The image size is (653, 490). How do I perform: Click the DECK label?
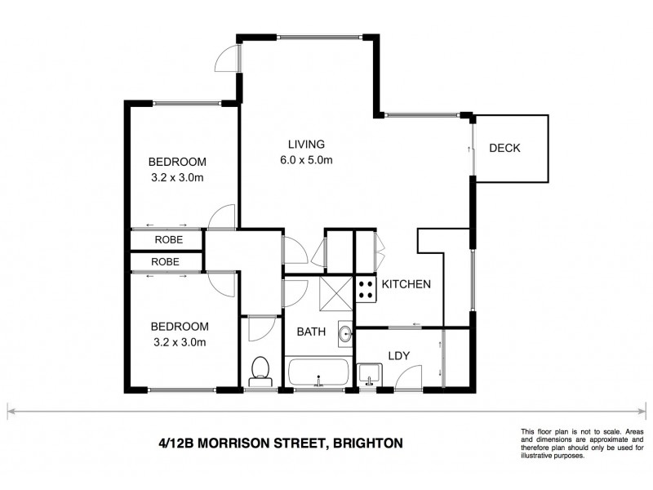point(504,148)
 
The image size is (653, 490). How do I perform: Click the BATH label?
point(311,332)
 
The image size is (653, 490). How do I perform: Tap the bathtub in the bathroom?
point(318,374)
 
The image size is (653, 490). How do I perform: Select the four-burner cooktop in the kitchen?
point(365,288)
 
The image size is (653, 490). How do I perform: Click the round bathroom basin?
point(345,332)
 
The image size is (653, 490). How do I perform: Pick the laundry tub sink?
point(368,374)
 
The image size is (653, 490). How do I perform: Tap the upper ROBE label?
point(168,240)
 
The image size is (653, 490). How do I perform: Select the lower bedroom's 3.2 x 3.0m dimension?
point(176,341)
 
